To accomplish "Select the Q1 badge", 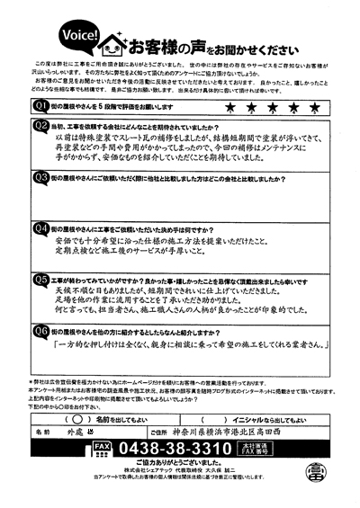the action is (40, 106).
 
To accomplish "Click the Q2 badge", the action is (40, 125).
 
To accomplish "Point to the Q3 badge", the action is (40, 178).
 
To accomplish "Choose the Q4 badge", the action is (40, 229).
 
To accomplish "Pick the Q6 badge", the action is (40, 331).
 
